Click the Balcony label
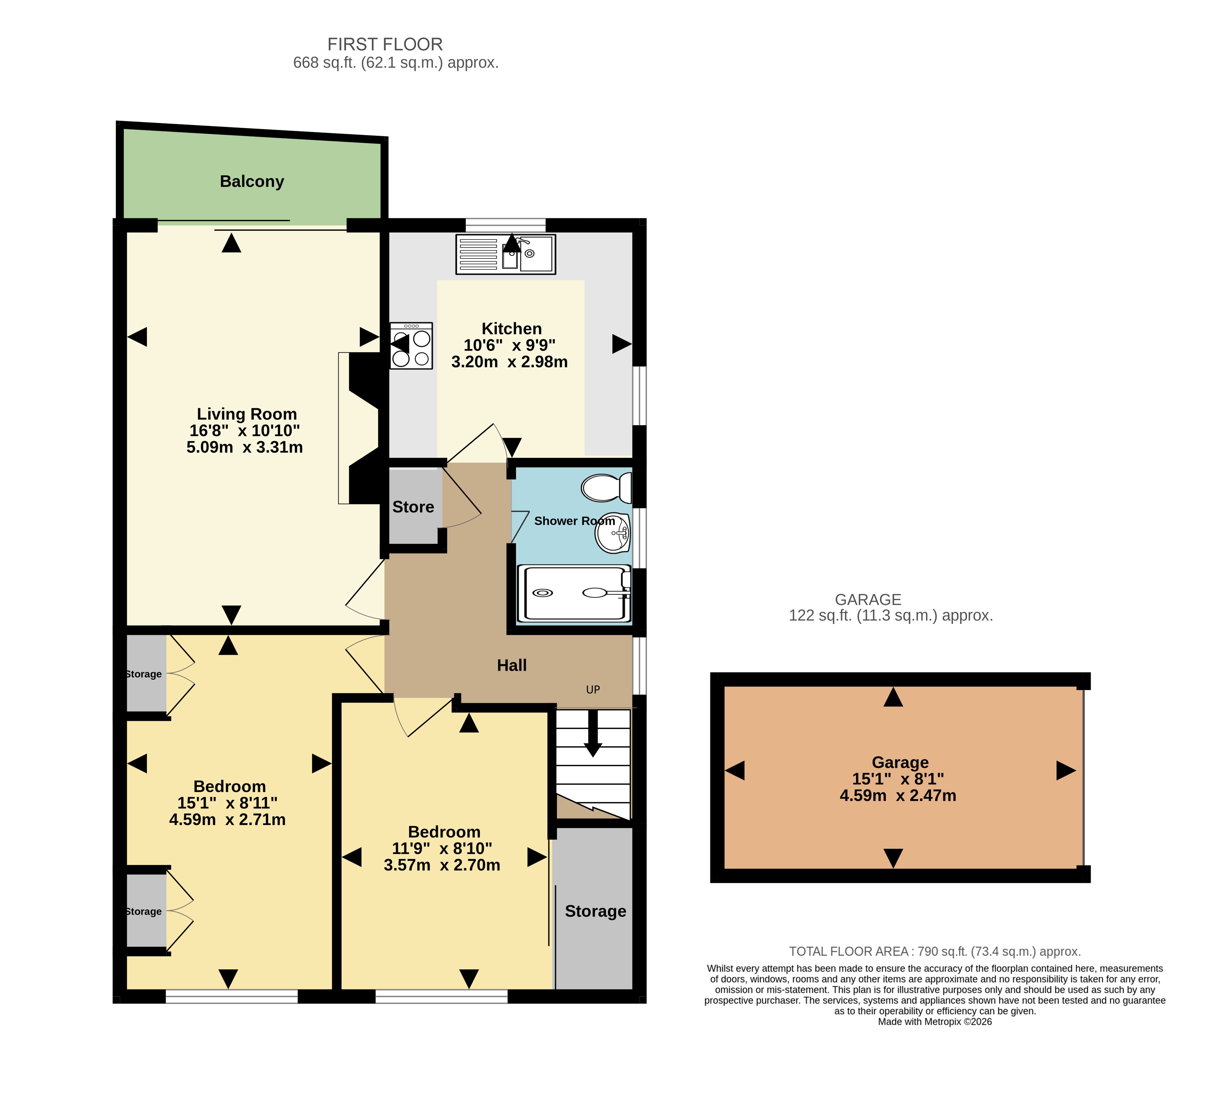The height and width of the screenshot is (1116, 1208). pos(252,181)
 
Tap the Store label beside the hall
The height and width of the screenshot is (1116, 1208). pos(413,507)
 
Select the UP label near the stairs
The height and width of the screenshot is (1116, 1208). pos(593,690)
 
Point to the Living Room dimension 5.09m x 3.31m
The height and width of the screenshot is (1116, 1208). pos(244,447)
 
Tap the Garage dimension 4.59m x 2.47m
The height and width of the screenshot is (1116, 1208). pos(898,795)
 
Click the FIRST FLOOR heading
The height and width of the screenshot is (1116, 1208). pos(385,44)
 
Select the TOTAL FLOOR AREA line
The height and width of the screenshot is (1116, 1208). pos(935,951)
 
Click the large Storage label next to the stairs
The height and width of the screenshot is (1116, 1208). pos(595,911)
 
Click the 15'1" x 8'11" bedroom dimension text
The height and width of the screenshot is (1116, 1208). pos(228,803)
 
